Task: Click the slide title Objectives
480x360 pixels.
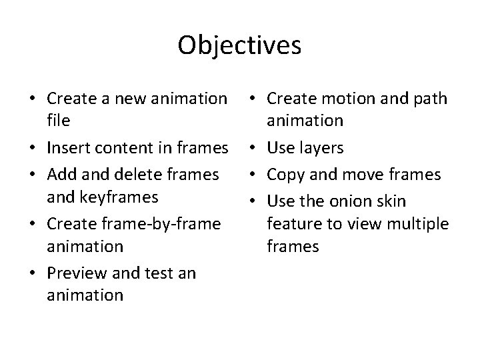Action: click(240, 45)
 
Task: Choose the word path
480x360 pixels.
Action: click(430, 99)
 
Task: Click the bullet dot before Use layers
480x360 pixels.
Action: click(257, 147)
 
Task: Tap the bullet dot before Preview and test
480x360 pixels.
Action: click(37, 271)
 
